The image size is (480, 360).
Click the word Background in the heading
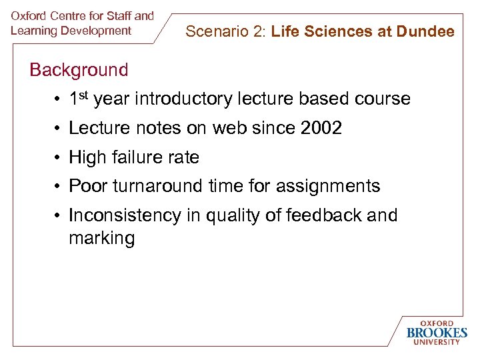coord(79,69)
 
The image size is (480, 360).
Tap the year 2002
coord(321,128)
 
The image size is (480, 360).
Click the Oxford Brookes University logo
coord(437,332)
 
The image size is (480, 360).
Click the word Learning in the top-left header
coord(33,31)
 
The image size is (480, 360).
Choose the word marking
coord(101,238)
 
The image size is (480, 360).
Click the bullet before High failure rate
coord(59,158)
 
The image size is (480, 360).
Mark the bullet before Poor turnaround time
coord(59,187)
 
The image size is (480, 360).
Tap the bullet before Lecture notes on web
coord(59,129)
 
